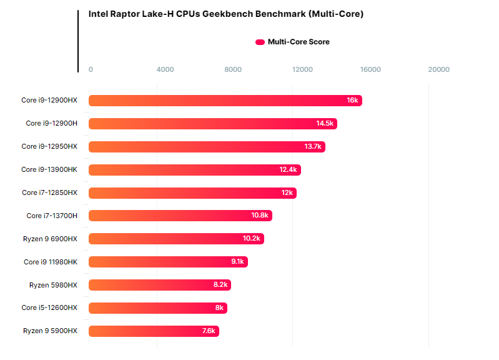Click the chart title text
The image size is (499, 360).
click(225, 14)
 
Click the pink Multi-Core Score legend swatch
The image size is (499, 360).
click(260, 42)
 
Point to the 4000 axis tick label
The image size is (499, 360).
click(165, 69)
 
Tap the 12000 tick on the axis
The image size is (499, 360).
click(302, 69)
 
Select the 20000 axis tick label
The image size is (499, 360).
click(438, 69)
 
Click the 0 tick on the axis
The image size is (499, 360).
click(91, 69)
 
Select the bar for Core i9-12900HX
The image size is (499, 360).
click(225, 101)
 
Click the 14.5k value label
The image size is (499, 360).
click(325, 124)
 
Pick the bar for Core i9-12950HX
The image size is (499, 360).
click(207, 147)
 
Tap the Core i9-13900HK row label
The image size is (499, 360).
click(49, 169)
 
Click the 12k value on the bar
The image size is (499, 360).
click(287, 192)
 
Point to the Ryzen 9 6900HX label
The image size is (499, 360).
click(50, 239)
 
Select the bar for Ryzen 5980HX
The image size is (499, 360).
click(159, 285)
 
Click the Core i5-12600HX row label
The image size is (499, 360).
click(49, 307)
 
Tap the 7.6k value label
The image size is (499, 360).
click(209, 331)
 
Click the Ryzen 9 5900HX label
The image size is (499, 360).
click(50, 331)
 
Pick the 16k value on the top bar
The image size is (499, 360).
click(352, 101)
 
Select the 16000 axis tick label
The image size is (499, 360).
click(370, 69)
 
